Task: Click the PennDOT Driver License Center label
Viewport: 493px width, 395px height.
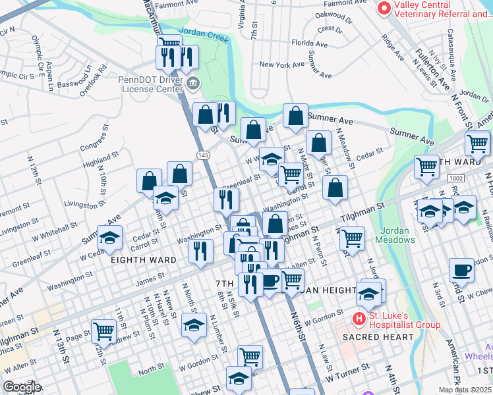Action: pyautogui.click(x=150, y=84)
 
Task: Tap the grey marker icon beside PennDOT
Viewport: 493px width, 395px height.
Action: pyautogui.click(x=194, y=82)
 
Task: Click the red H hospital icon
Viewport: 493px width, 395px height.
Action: pyautogui.click(x=359, y=319)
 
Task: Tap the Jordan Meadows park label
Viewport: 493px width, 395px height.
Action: pyautogui.click(x=395, y=235)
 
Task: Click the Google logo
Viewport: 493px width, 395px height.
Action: pyautogui.click(x=21, y=387)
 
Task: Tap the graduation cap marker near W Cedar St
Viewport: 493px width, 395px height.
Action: pyautogui.click(x=109, y=237)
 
